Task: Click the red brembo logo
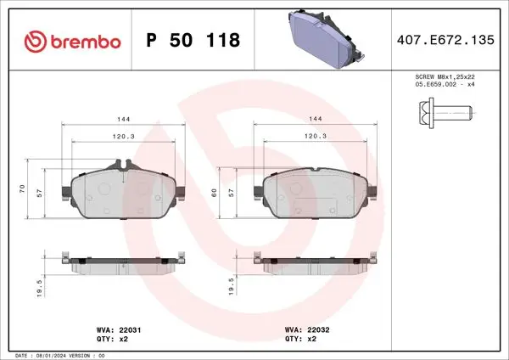tap(73, 42)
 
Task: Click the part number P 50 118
tap(193, 40)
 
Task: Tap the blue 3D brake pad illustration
tap(327, 40)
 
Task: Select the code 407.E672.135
tap(445, 40)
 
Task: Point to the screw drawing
tap(445, 113)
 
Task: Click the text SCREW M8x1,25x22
tap(445, 77)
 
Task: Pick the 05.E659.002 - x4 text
tap(445, 84)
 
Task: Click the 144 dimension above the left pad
tap(123, 119)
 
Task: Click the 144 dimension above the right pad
tap(316, 119)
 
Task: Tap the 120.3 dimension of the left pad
tap(123, 137)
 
